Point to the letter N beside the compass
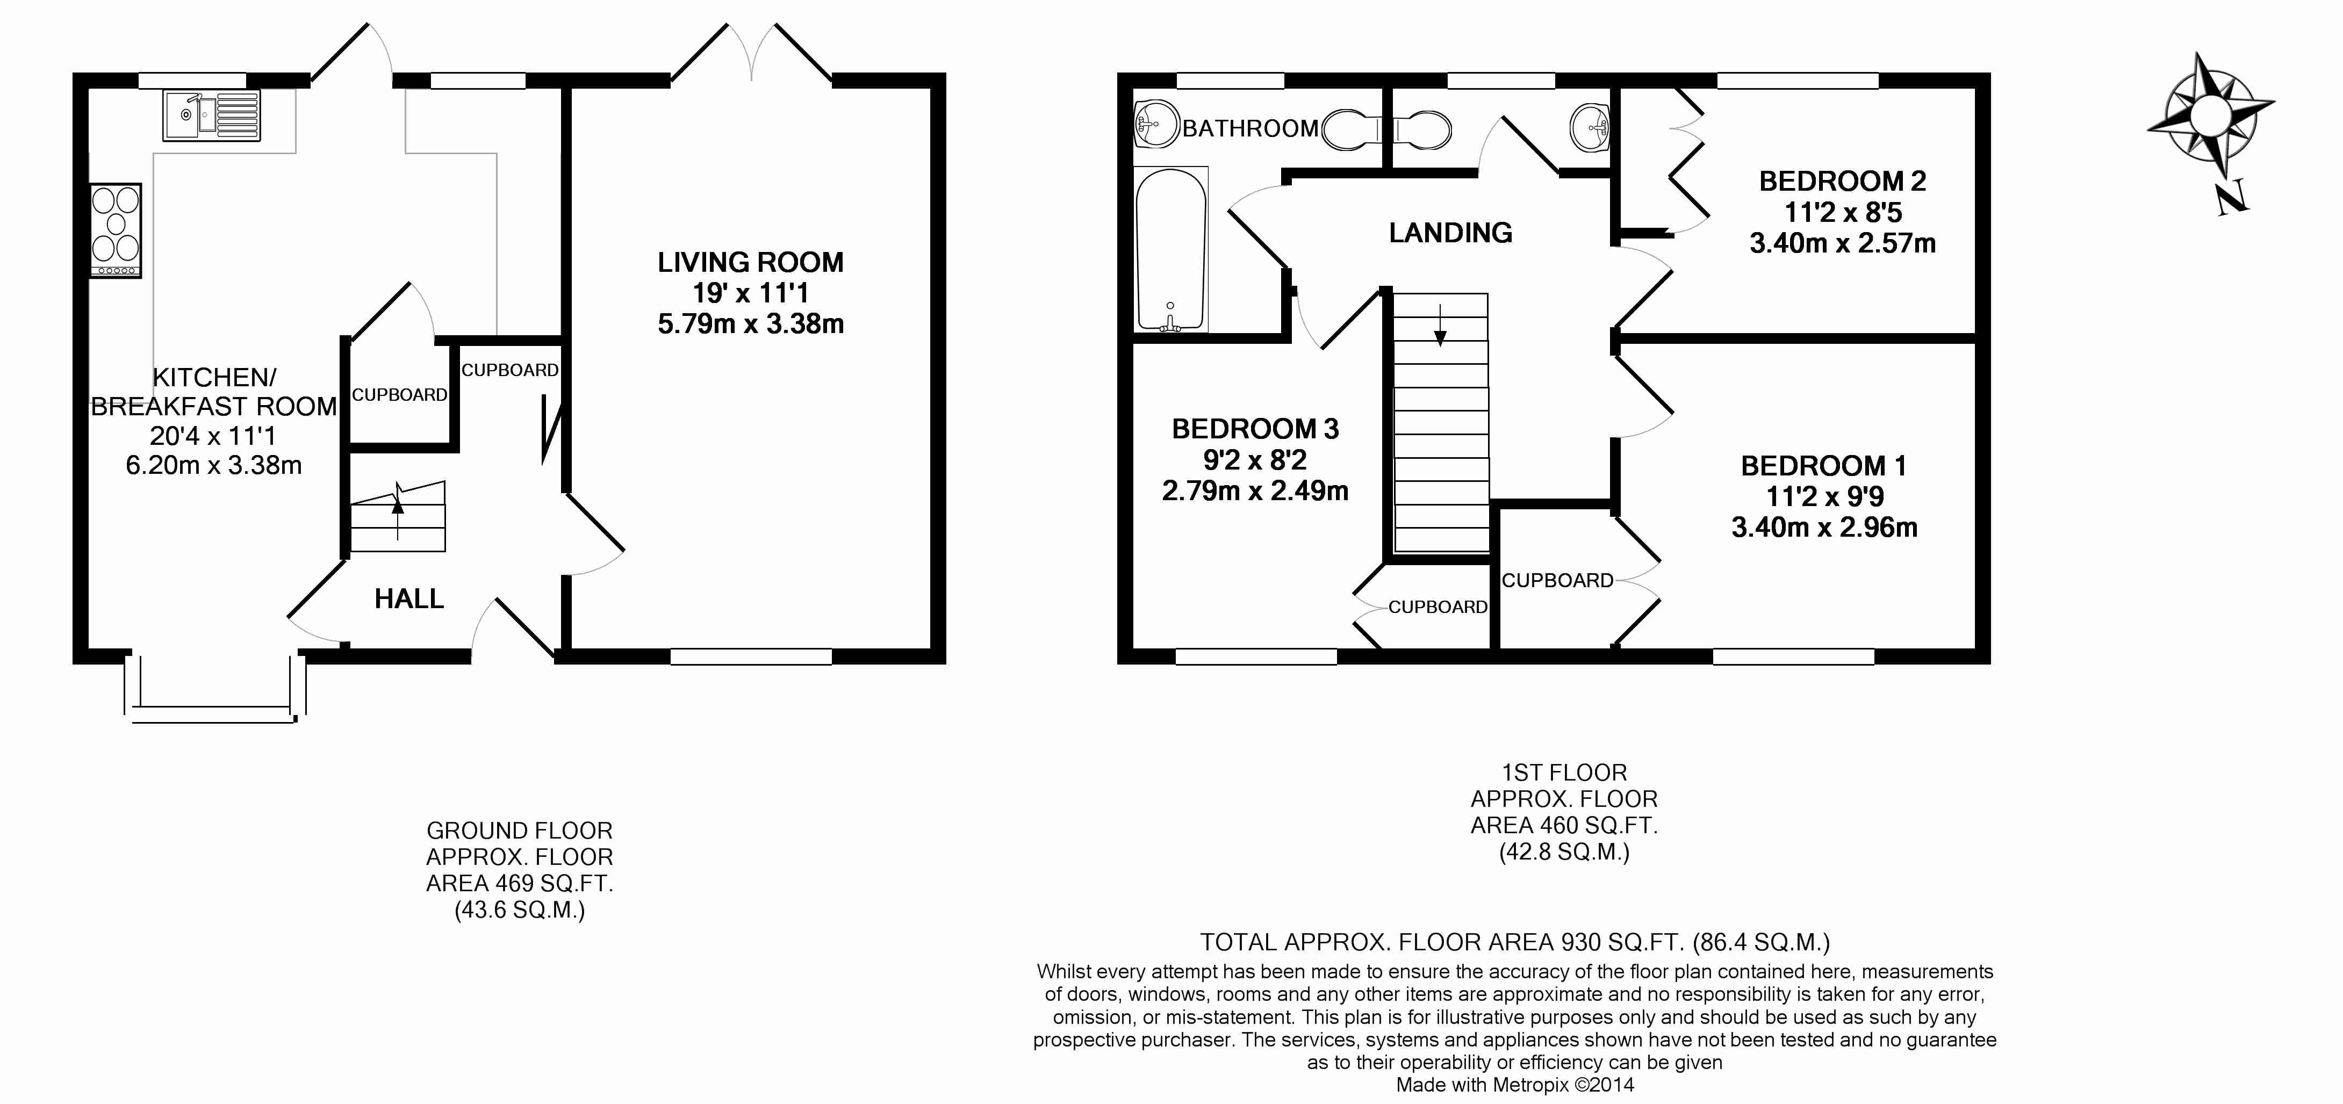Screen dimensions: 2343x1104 (x=2232, y=197)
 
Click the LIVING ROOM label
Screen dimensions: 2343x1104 (x=750, y=263)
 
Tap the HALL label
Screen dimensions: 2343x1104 (x=409, y=598)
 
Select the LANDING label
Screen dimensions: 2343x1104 (x=1451, y=233)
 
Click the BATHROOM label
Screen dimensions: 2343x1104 (x=1250, y=128)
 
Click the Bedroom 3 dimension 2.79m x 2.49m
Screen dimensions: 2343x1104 (x=1255, y=491)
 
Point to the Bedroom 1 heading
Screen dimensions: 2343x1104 (x=1824, y=466)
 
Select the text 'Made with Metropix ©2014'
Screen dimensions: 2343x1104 (x=1515, y=1085)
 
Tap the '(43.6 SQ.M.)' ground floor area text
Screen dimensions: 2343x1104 (x=519, y=910)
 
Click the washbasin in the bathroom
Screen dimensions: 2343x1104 (x=1157, y=125)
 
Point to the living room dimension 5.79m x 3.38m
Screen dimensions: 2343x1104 (x=750, y=324)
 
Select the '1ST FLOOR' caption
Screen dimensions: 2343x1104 (x=1563, y=773)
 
